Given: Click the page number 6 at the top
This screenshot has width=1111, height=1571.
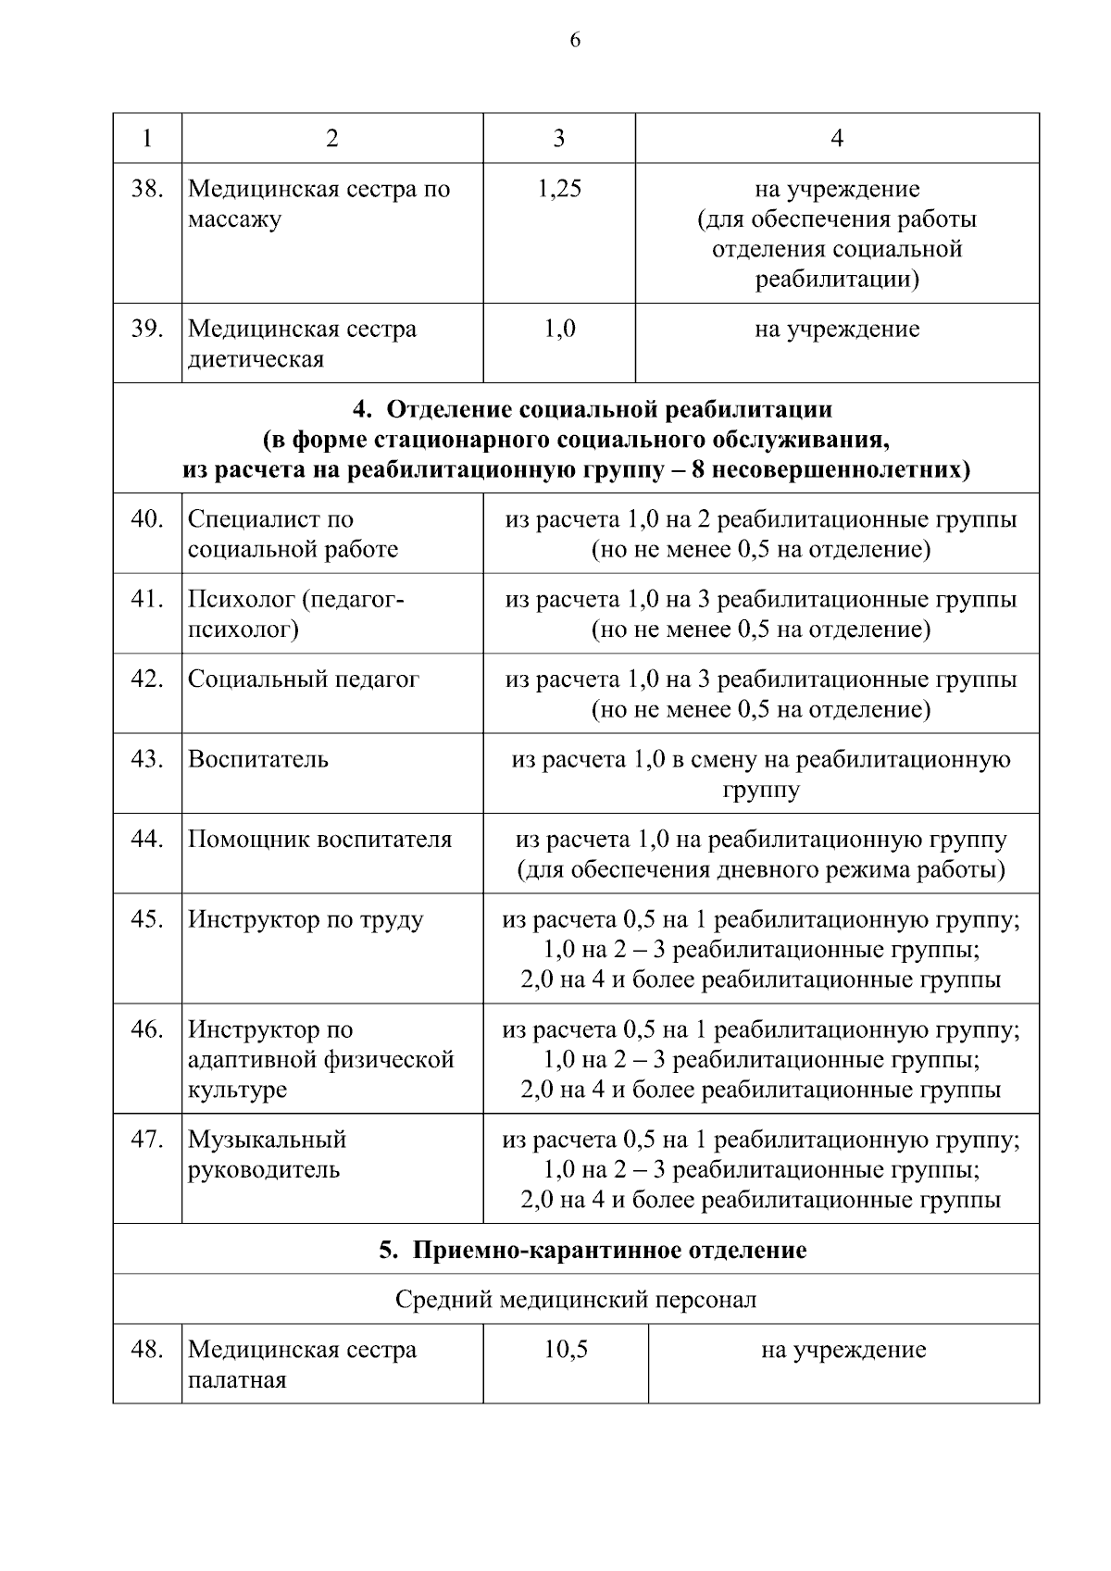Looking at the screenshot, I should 575,40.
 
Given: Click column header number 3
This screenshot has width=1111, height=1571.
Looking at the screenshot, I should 558,139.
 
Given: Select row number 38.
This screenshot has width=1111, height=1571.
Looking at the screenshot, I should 147,189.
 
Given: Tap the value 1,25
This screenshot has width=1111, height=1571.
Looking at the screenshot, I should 558,189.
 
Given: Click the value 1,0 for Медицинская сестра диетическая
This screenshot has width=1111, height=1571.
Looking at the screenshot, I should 558,329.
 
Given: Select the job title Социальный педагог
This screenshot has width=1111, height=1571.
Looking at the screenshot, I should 304,680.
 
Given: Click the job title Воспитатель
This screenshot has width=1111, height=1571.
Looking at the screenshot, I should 258,760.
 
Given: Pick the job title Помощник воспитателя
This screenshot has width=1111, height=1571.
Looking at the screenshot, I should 319,840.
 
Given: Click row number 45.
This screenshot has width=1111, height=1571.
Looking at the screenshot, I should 147,919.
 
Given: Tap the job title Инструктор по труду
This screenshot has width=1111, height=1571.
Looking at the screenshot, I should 306,919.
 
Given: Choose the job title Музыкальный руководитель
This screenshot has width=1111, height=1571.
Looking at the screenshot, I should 267,1154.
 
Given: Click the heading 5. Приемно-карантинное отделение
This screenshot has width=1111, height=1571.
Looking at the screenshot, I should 593,1251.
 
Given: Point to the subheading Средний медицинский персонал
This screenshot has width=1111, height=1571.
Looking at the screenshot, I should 575,1301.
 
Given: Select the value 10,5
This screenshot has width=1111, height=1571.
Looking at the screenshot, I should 565,1350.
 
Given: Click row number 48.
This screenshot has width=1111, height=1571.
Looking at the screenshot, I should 147,1350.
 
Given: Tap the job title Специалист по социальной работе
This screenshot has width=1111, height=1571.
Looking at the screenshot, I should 293,534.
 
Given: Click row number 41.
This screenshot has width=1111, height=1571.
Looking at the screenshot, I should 147,599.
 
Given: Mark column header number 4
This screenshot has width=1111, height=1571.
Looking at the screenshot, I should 837,139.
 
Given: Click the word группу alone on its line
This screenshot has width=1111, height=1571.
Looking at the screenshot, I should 760,791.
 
